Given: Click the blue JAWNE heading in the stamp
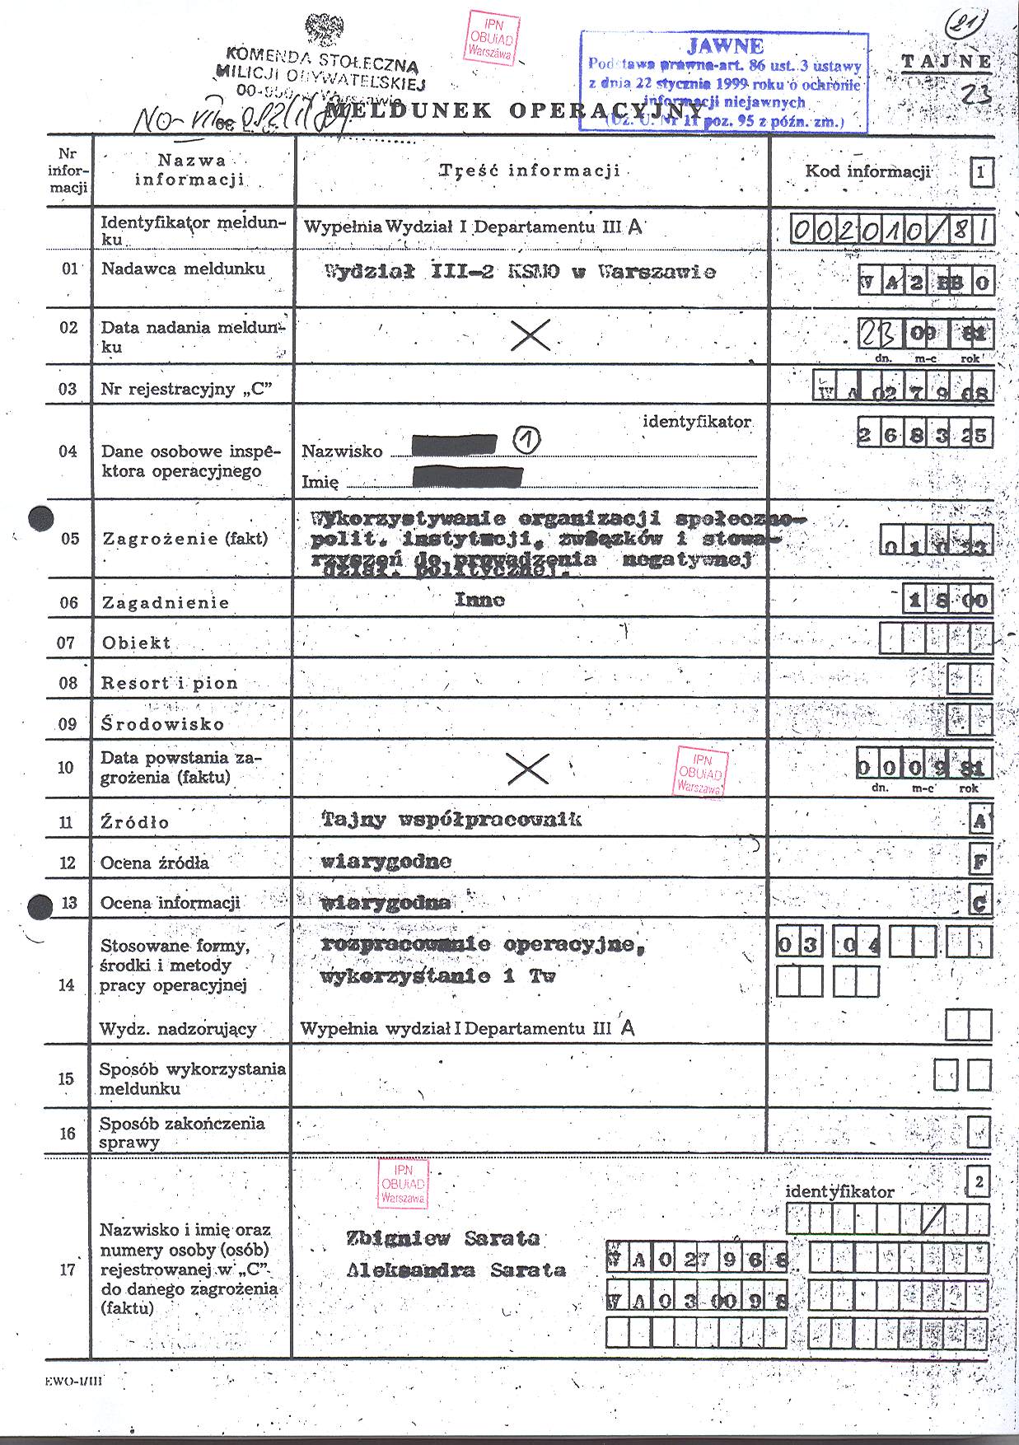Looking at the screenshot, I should pyautogui.click(x=724, y=46).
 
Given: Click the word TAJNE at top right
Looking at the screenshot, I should pyautogui.click(x=947, y=62).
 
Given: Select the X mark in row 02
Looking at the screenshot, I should pyautogui.click(x=531, y=334).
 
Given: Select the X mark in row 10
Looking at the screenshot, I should pyautogui.click(x=528, y=769).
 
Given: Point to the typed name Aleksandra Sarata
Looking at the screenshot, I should pyautogui.click(x=456, y=1270).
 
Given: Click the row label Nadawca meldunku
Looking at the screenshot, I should pyautogui.click(x=183, y=269).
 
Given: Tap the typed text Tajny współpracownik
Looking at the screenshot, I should pyautogui.click(x=451, y=819).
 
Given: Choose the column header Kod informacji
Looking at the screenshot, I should pyautogui.click(x=867, y=171).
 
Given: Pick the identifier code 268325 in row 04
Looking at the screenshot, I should pyautogui.click(x=923, y=434).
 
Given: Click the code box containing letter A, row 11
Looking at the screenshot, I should pyautogui.click(x=980, y=821).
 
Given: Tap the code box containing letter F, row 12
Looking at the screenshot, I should pyautogui.click(x=980, y=862).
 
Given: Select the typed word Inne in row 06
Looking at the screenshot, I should pyautogui.click(x=479, y=600).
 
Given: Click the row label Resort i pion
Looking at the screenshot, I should pyautogui.click(x=170, y=683).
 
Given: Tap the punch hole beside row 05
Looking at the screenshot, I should pyautogui.click(x=40, y=518).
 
